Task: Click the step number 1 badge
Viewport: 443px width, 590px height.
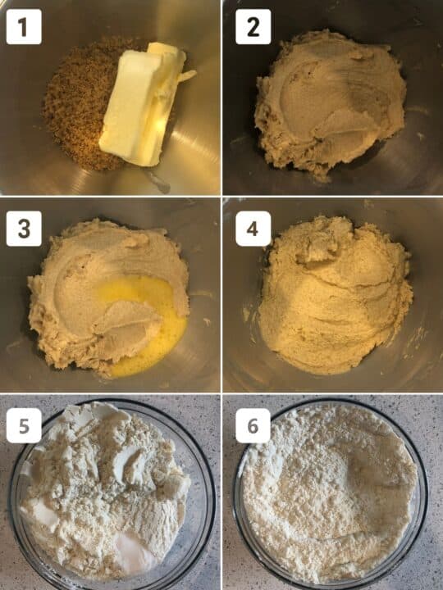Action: pyautogui.click(x=24, y=29)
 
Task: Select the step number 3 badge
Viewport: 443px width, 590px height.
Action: pyautogui.click(x=24, y=229)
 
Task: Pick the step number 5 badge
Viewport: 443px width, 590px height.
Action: pyautogui.click(x=24, y=426)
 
